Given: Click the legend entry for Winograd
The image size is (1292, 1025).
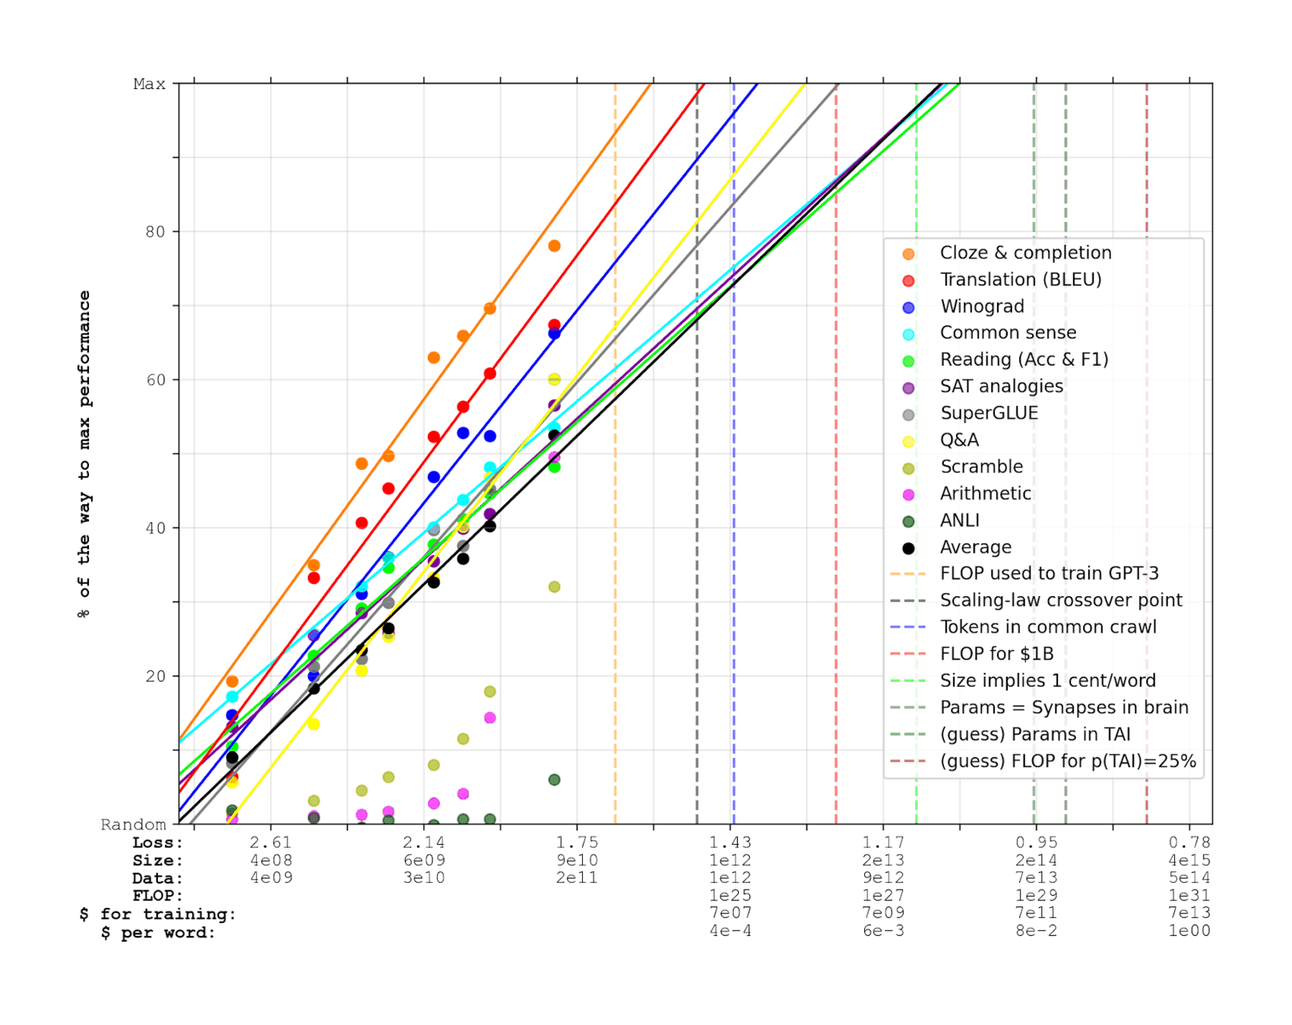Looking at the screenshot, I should [982, 306].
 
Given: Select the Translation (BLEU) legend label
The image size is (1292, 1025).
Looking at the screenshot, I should [1021, 280].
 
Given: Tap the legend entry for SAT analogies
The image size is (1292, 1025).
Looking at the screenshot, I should [1001, 386].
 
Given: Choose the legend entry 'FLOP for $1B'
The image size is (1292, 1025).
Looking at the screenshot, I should [996, 654].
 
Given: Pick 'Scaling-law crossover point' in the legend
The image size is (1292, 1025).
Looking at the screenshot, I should [1060, 601].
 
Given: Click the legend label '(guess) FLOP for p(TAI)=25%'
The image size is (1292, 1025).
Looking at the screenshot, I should [1067, 761].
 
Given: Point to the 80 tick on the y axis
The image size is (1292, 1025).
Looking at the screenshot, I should [155, 232].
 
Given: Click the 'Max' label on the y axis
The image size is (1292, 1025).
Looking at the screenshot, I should [149, 84].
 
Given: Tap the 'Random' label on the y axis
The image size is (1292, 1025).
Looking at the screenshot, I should [133, 825].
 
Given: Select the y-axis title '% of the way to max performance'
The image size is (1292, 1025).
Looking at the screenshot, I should [84, 454].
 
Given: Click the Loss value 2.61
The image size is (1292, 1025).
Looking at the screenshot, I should [271, 843].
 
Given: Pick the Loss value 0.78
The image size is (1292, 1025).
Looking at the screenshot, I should [1189, 843].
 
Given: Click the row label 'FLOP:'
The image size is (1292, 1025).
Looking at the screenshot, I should [157, 896].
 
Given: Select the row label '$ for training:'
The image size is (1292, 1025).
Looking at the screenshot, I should [157, 914].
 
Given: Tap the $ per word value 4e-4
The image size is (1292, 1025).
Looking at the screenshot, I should [730, 931].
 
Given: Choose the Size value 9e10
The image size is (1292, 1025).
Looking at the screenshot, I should [577, 861].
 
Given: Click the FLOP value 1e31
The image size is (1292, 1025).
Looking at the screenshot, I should [1189, 896].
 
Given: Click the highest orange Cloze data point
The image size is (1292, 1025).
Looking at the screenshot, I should [554, 246].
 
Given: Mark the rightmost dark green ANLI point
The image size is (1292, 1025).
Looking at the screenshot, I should [554, 780].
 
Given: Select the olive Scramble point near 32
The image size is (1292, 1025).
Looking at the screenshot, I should [554, 587].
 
